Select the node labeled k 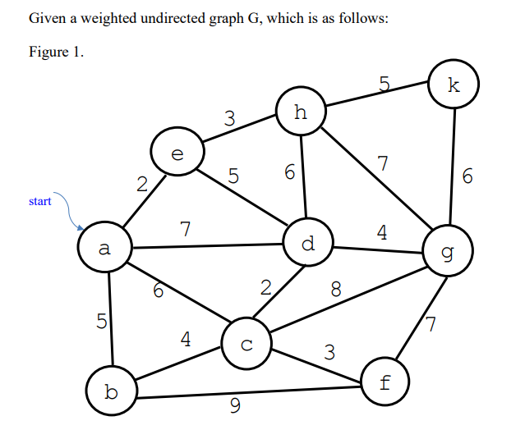click(x=453, y=85)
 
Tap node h click(x=301, y=112)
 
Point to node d click(x=307, y=244)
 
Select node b click(x=112, y=392)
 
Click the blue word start click(x=39, y=201)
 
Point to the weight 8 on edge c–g click(x=336, y=289)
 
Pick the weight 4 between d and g click(x=381, y=232)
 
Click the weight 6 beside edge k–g click(x=467, y=176)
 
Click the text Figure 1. click(x=56, y=53)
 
